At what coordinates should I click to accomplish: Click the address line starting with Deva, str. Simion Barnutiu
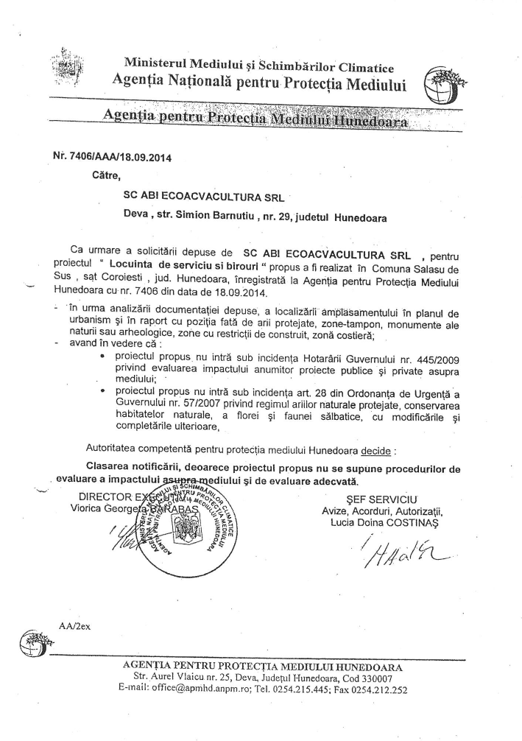(x=255, y=217)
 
